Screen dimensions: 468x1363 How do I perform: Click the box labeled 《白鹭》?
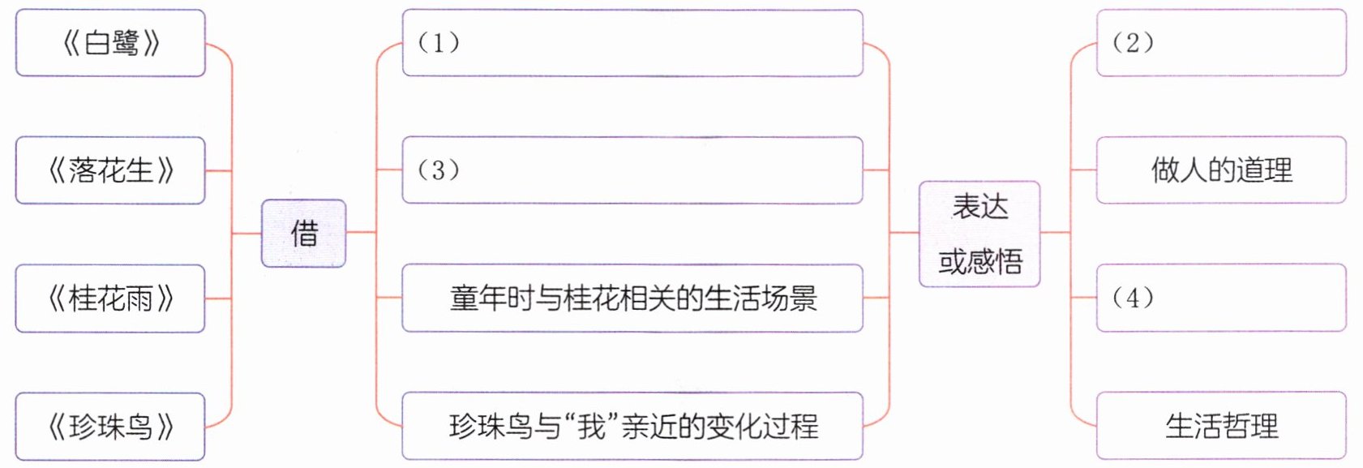pos(110,43)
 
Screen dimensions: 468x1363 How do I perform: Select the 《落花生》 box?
pos(110,170)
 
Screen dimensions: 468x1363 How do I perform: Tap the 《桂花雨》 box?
pos(110,298)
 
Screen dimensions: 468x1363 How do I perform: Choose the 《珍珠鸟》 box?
pos(110,427)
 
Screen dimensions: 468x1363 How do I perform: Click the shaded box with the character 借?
pos(304,234)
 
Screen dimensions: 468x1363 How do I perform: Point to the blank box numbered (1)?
pos(632,43)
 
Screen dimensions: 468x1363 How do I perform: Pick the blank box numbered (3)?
pos(632,170)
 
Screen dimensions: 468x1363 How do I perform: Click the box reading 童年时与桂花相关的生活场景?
pos(632,298)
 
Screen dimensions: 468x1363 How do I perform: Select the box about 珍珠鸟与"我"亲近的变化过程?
pos(632,427)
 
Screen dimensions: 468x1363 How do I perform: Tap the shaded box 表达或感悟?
pos(979,234)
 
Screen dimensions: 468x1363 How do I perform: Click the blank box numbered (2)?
pos(1221,43)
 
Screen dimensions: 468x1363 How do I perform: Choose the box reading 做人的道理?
pos(1221,170)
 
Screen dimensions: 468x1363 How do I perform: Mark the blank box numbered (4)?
pos(1221,298)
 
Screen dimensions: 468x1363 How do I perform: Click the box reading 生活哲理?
pos(1221,427)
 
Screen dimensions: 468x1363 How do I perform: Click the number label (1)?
pos(439,42)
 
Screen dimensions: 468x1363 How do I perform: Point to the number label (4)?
pos(1133,298)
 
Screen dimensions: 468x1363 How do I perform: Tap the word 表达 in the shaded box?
pos(980,207)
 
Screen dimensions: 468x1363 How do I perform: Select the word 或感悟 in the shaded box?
pos(980,261)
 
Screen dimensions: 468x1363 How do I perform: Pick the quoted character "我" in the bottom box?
pos(593,427)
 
